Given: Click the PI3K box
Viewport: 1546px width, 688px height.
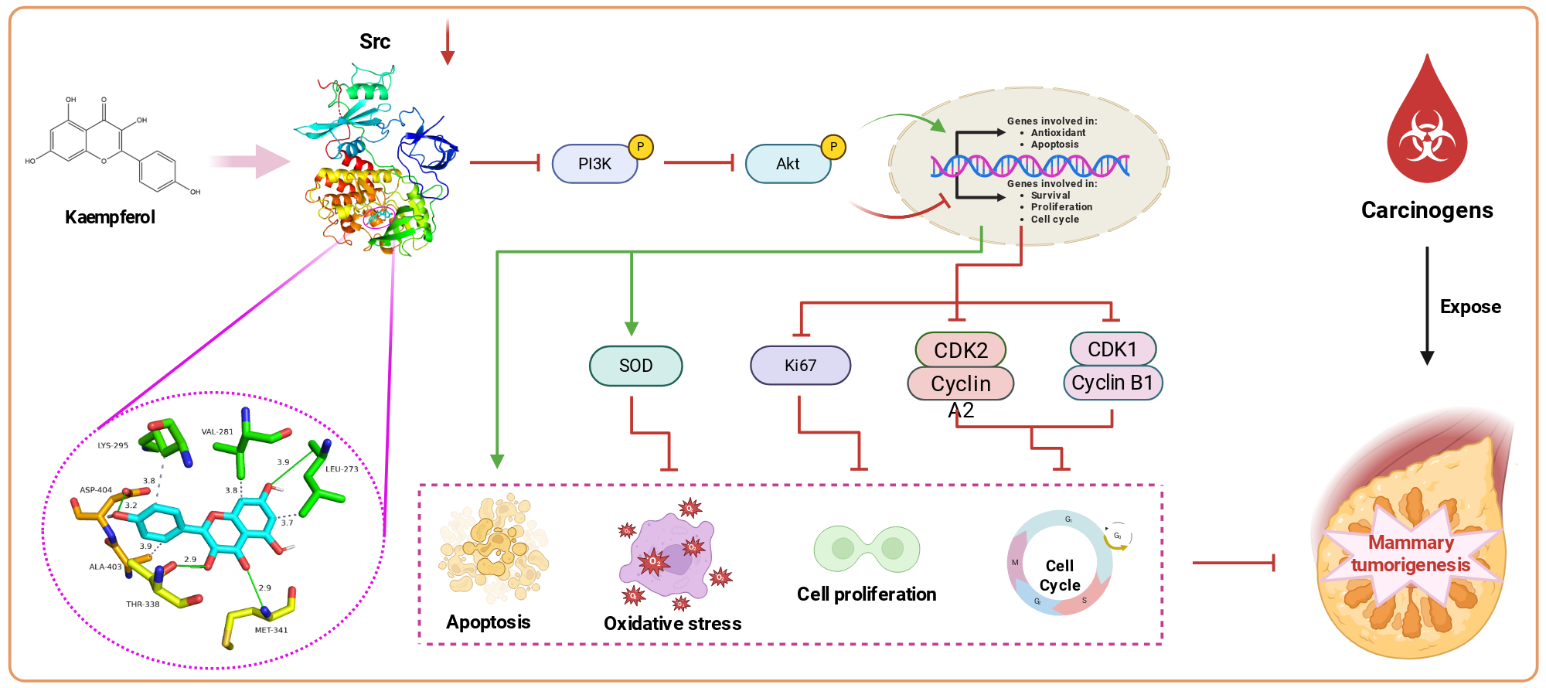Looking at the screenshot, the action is click(x=594, y=163).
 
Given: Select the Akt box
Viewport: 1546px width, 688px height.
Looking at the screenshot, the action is click(x=788, y=163).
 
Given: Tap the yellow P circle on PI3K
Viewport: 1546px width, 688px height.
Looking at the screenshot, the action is click(x=641, y=147).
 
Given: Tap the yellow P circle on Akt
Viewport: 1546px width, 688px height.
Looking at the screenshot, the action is click(x=833, y=147).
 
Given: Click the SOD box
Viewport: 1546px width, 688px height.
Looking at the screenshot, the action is click(x=635, y=366).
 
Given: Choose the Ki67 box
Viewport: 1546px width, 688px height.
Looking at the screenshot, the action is click(x=800, y=365).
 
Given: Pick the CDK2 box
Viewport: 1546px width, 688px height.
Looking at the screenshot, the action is click(x=961, y=349).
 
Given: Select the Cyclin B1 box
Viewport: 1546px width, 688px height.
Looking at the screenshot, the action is click(x=1112, y=383).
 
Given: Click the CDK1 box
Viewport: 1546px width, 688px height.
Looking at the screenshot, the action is click(x=1112, y=349).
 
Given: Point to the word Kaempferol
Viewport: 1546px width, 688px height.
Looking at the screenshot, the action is click(x=110, y=217).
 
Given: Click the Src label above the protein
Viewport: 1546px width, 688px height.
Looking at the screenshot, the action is click(x=375, y=42).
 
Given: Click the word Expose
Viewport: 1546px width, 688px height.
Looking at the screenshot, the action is click(x=1470, y=307).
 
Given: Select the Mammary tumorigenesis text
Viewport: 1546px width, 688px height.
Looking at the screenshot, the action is click(x=1411, y=553).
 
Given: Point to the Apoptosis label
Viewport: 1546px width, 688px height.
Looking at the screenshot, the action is click(x=489, y=622).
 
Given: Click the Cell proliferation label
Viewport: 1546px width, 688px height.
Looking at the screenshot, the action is click(x=867, y=594).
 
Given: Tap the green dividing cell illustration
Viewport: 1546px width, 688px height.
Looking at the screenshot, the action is click(x=867, y=549).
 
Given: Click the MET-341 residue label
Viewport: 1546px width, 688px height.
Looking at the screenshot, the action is click(x=271, y=630).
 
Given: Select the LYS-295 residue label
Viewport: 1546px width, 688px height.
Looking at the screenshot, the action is click(x=113, y=445).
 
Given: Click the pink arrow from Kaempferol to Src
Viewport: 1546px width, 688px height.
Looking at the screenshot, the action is click(x=249, y=161).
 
